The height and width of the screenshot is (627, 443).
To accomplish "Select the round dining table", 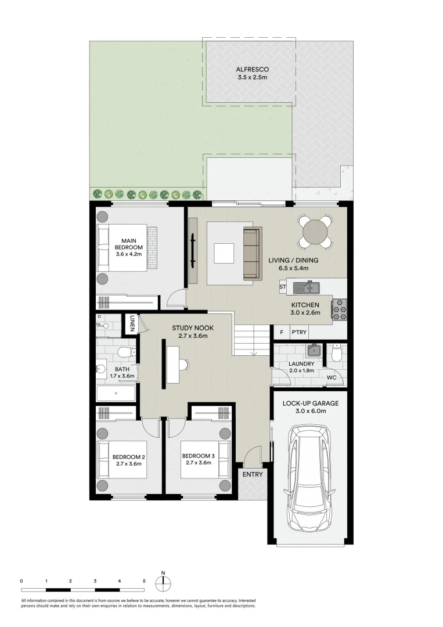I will pos(314,232).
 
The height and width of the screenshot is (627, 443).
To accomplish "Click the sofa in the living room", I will pos(251,253).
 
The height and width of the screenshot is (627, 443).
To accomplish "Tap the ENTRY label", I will pos(253,474).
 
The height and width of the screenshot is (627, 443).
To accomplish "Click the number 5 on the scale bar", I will pos(143,581).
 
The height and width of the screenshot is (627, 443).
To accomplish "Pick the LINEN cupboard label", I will pos(132,322).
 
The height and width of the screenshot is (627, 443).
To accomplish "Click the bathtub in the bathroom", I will pos(116,394).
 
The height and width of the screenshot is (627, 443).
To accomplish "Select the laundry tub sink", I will pos(314,350).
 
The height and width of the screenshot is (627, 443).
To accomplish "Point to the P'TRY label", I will pos(300,333).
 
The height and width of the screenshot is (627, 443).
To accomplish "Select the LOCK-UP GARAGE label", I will pos(310,403).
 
